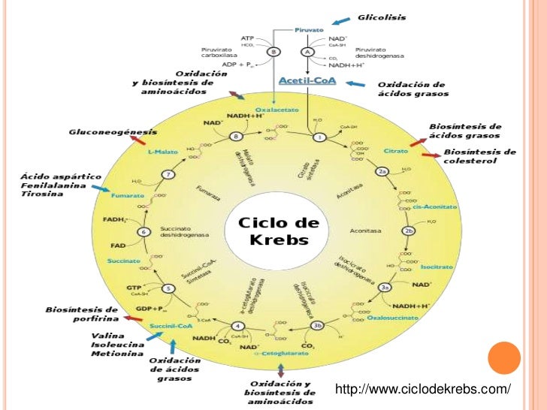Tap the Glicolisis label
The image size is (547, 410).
(x=381, y=17)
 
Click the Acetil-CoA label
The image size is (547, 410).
(x=301, y=80)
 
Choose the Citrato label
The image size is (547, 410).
(x=395, y=151)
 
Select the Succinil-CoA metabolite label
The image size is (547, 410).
(x=168, y=327)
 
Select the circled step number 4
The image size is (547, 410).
(x=237, y=326)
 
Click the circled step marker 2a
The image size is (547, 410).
(x=382, y=172)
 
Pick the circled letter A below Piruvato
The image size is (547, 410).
(x=307, y=51)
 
